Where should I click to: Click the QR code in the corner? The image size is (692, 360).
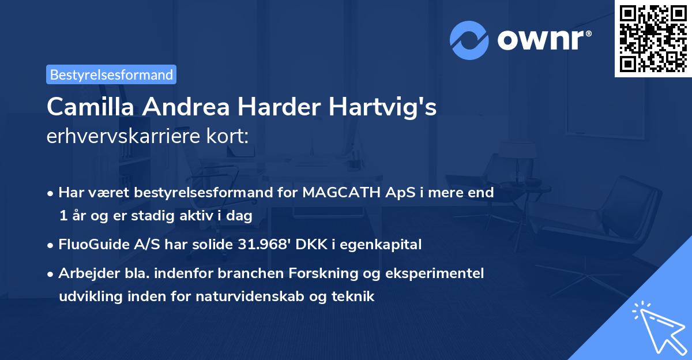[653, 38]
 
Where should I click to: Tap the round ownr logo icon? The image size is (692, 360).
[469, 40]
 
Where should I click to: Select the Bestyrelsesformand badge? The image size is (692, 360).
[111, 74]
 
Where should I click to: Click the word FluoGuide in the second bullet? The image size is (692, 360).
[93, 245]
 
